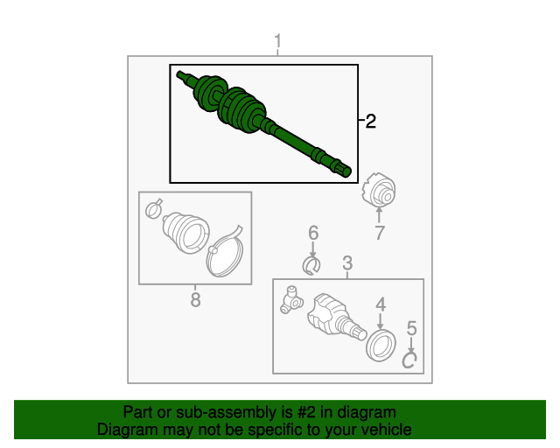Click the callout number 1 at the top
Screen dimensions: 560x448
[277, 41]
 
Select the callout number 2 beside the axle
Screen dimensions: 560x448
[371, 122]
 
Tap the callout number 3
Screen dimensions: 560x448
[347, 263]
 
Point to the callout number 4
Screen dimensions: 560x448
[381, 304]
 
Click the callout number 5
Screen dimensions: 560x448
[412, 328]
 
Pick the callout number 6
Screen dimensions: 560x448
[313, 233]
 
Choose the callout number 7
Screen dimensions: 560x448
[379, 233]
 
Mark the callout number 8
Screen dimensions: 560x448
[195, 299]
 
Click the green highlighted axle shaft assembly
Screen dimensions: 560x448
[263, 123]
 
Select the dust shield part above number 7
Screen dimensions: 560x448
[379, 190]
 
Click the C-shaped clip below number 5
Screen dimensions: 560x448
[409, 360]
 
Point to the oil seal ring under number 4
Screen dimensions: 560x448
[381, 346]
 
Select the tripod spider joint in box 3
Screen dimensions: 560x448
[291, 300]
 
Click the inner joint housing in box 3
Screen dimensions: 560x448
[336, 316]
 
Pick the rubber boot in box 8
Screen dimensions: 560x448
[186, 233]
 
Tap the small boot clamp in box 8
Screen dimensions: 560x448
[154, 209]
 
